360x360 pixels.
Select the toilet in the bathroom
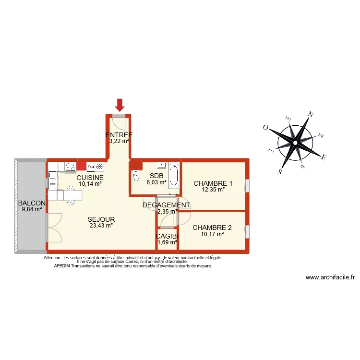[x=136, y=174]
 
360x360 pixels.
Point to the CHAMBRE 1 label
[x=213, y=183]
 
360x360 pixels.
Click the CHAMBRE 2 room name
[x=212, y=228]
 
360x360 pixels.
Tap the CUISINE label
[x=90, y=177]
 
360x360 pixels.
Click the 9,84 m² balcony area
[x=31, y=209]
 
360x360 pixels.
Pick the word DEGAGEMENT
[x=166, y=205]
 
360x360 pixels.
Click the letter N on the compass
[x=311, y=114]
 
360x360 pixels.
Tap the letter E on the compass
[x=324, y=157]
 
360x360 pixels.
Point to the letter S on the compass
[x=280, y=171]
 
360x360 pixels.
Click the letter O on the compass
[x=265, y=128]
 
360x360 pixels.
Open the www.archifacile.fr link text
[x=330, y=277]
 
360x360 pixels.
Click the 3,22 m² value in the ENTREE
[x=119, y=141]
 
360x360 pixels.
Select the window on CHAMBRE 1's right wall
[x=247, y=186]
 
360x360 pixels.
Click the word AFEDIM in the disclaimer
[x=63, y=265]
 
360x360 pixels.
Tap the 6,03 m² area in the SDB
[x=156, y=182]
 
